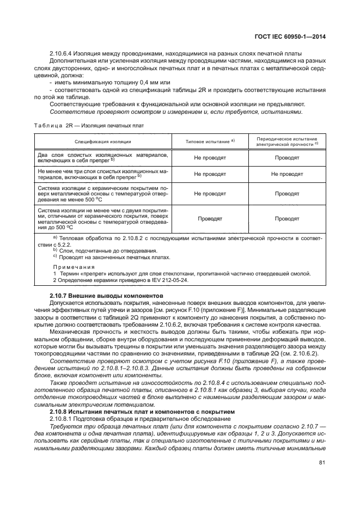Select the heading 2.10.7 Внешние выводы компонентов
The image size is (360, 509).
point(96,295)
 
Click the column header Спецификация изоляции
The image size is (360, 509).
point(103,141)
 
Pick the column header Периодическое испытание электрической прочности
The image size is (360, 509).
point(286,142)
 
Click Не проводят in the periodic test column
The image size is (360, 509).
point(286,174)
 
